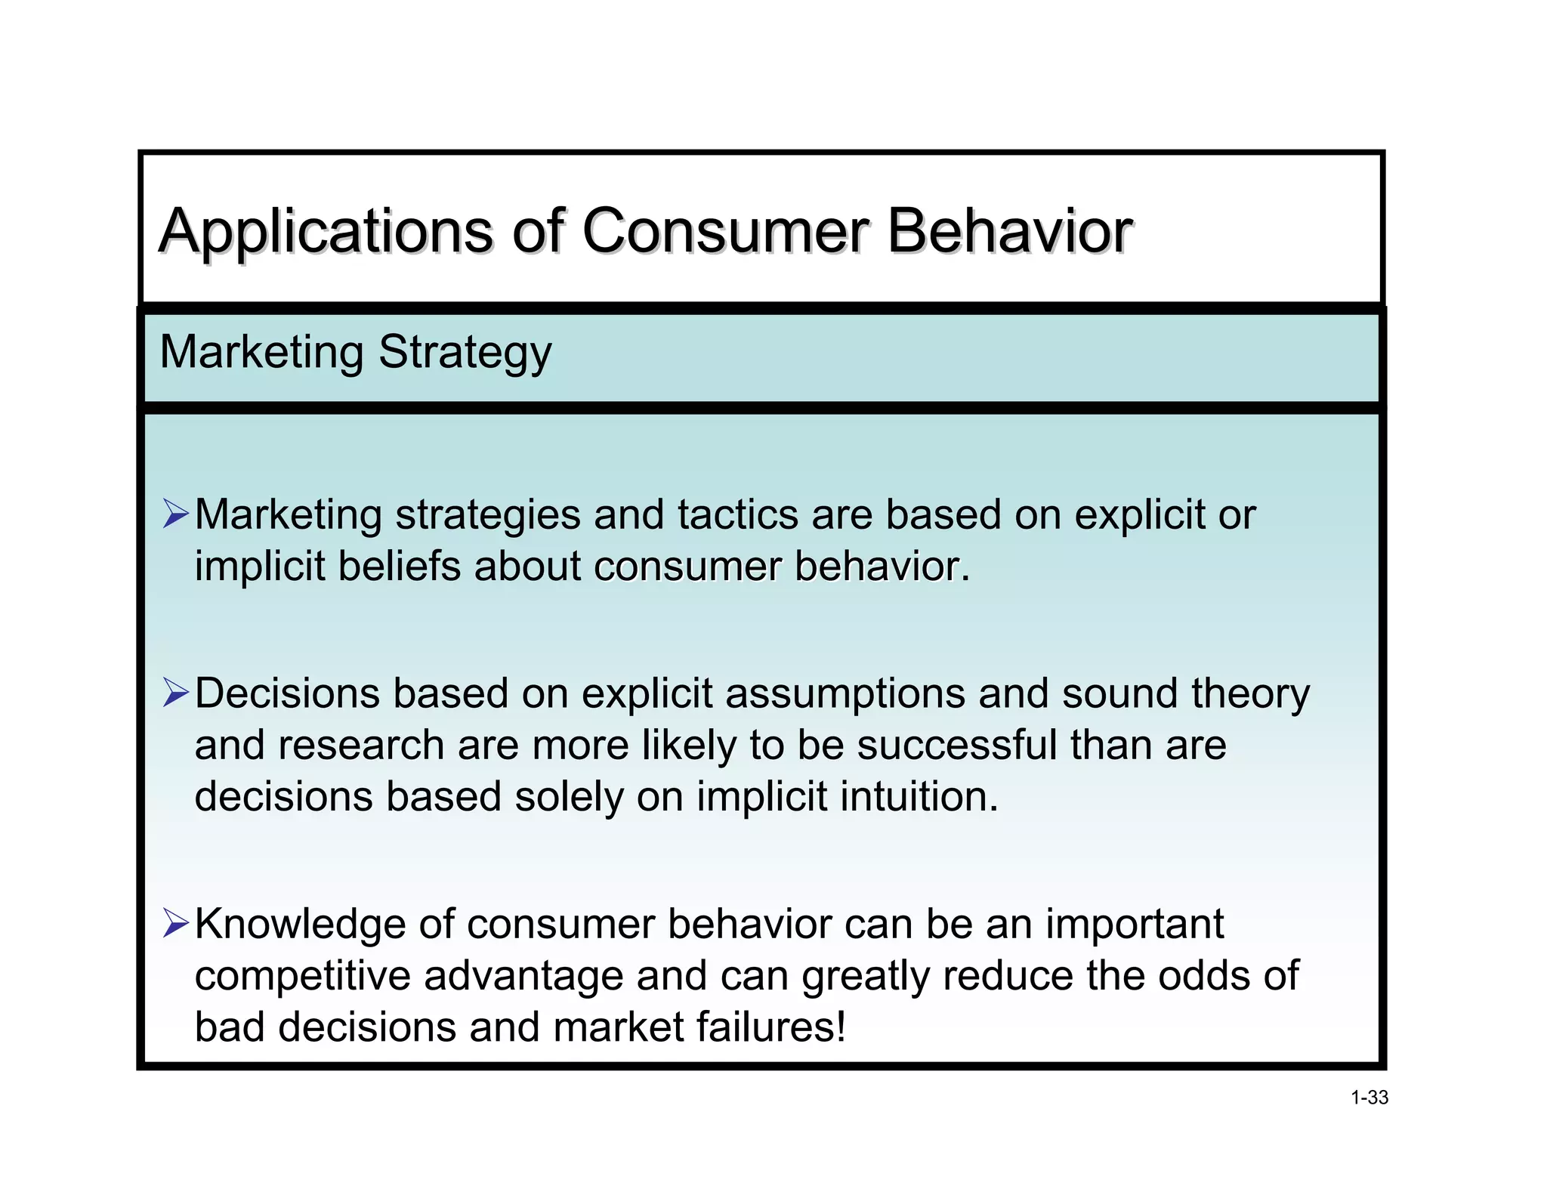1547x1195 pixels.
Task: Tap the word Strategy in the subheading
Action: click(465, 353)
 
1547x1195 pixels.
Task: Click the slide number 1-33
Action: click(1369, 1098)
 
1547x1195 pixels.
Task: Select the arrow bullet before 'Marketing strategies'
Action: click(175, 514)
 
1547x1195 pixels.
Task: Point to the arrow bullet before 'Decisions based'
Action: click(175, 693)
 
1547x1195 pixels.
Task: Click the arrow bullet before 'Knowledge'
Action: click(175, 923)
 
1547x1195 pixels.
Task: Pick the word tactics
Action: click(738, 515)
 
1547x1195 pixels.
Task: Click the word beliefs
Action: click(399, 567)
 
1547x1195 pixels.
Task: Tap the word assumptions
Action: click(845, 694)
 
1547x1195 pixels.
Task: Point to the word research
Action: click(361, 746)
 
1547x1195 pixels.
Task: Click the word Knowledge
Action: click(300, 925)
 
